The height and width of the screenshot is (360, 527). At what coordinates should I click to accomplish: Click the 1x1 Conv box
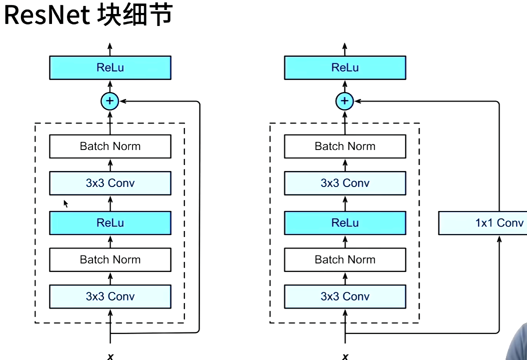(482, 223)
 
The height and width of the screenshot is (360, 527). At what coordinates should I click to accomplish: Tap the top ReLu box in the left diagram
(110, 67)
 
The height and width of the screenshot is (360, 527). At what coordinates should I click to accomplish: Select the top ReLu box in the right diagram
(345, 67)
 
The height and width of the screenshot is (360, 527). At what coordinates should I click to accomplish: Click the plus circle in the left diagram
(109, 101)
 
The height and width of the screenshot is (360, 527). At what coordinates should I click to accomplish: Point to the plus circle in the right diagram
(344, 101)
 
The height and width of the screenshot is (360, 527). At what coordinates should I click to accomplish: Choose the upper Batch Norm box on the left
(110, 146)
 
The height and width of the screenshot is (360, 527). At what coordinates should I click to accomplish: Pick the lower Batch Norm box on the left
(110, 259)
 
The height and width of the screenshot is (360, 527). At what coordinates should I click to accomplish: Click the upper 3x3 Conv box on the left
(110, 183)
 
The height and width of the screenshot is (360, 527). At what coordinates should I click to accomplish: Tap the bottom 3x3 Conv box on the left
(110, 296)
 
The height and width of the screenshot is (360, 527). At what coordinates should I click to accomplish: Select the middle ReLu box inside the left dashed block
(110, 223)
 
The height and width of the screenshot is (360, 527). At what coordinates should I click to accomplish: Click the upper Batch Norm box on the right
(345, 146)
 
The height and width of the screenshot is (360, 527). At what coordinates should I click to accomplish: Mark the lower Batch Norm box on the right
(345, 259)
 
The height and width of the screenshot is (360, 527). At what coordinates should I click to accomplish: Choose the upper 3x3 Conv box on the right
(345, 183)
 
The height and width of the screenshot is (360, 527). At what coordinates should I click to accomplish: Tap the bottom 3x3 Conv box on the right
(345, 296)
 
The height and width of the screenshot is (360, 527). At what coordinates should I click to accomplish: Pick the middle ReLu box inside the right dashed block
(345, 223)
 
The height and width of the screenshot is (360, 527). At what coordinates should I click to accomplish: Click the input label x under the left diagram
(110, 356)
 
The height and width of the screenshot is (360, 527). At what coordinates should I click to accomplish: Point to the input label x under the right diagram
(345, 356)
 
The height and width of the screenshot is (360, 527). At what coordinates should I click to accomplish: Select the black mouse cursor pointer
(65, 203)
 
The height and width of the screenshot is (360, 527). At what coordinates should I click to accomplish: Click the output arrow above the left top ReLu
(110, 49)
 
